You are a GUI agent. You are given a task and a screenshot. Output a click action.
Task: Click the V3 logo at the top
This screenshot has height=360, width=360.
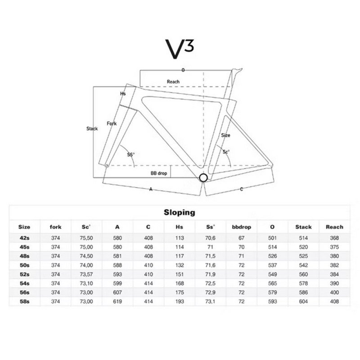tap(180, 49)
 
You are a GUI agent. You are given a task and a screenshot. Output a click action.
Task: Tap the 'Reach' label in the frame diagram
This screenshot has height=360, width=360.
tap(173, 81)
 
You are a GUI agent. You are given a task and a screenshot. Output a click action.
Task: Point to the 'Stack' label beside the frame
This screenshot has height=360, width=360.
tap(92, 129)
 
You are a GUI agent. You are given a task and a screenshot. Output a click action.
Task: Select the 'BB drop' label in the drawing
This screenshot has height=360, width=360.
tap(159, 173)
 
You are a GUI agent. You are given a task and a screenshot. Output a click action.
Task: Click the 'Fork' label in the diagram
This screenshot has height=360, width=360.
tap(112, 123)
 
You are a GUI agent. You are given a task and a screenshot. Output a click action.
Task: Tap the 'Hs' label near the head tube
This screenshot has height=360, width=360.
tap(123, 94)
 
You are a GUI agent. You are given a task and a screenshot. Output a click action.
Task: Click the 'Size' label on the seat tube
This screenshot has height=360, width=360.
tap(225, 135)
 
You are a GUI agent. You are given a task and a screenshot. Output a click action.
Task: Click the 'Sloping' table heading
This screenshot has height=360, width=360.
tap(180, 212)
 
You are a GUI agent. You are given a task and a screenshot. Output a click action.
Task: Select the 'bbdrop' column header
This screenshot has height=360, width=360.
tap(241, 227)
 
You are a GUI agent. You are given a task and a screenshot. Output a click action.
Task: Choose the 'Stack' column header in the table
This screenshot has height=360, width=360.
tap(303, 227)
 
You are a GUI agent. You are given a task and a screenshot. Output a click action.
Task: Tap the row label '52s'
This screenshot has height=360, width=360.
tap(25, 274)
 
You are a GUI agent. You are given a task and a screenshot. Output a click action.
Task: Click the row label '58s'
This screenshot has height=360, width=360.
tap(25, 301)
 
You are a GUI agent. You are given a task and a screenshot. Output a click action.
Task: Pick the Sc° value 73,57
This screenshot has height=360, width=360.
tap(86, 274)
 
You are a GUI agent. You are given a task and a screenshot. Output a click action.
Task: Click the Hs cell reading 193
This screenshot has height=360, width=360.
tap(180, 301)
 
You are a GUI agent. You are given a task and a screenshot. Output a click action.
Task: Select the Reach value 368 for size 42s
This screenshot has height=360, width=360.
tap(334, 238)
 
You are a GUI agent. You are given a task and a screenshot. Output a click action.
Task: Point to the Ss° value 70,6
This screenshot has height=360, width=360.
tap(210, 238)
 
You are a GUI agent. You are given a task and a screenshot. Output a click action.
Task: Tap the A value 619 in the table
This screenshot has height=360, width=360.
tap(117, 301)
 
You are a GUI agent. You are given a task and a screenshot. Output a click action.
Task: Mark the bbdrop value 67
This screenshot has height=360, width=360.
tap(241, 238)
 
